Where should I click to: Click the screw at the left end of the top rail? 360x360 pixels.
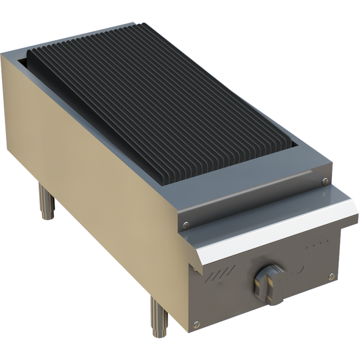point(185,225)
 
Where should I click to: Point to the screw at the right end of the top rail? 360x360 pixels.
point(325,180)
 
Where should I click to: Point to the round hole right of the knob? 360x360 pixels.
point(298,267)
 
